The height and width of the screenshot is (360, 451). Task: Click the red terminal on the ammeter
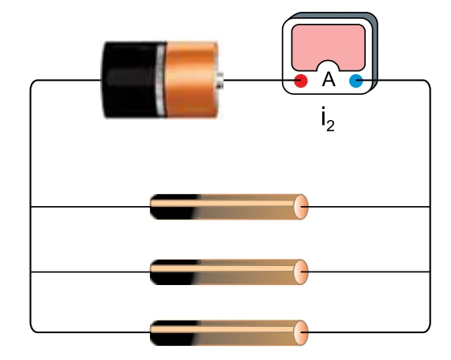click(301, 81)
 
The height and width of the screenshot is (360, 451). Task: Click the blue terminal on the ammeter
click(356, 81)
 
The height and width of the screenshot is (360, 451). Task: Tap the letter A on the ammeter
click(329, 80)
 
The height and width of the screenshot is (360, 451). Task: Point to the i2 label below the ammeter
click(328, 118)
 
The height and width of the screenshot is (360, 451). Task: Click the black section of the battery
click(131, 80)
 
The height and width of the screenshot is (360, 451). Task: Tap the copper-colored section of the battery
click(192, 80)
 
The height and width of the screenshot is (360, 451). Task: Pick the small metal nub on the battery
click(220, 81)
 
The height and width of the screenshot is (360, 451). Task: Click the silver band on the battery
click(161, 80)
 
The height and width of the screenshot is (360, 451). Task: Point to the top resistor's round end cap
click(301, 207)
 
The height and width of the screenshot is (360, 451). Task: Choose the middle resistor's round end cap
click(301, 272)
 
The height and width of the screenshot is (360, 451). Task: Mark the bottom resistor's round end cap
click(301, 332)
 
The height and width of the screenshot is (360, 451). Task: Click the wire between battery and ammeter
click(259, 81)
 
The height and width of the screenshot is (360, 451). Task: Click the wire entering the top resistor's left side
click(91, 207)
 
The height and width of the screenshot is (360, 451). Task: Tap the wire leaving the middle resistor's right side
click(365, 272)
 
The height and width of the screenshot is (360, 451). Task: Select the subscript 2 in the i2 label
click(330, 126)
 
